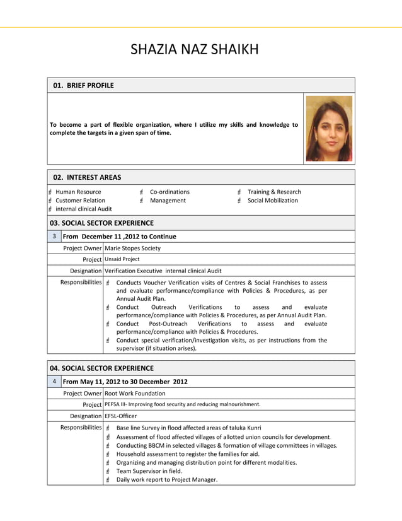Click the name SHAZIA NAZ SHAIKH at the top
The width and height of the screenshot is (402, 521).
[194, 49]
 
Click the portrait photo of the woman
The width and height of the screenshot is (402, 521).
[328, 129]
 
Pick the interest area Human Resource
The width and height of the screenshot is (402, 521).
[78, 192]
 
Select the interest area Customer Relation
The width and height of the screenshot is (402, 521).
[80, 201]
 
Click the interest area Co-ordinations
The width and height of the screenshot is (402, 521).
[169, 192]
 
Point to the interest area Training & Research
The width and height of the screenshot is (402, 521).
[274, 192]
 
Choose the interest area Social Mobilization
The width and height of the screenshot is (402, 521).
[273, 201]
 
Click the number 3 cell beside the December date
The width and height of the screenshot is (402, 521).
[54, 237]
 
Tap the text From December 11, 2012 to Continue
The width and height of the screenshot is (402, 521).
[120, 237]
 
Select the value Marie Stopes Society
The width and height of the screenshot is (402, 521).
[132, 248]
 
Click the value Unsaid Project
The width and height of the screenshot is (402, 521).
[122, 259]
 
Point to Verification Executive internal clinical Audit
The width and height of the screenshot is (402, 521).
[163, 271]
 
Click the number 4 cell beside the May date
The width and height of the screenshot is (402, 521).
[54, 382]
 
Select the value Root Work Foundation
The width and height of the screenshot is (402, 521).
[135, 393]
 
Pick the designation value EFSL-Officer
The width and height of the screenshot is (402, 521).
[120, 416]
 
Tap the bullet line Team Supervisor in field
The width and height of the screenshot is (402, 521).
[150, 471]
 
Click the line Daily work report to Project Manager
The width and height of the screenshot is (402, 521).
[167, 479]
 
